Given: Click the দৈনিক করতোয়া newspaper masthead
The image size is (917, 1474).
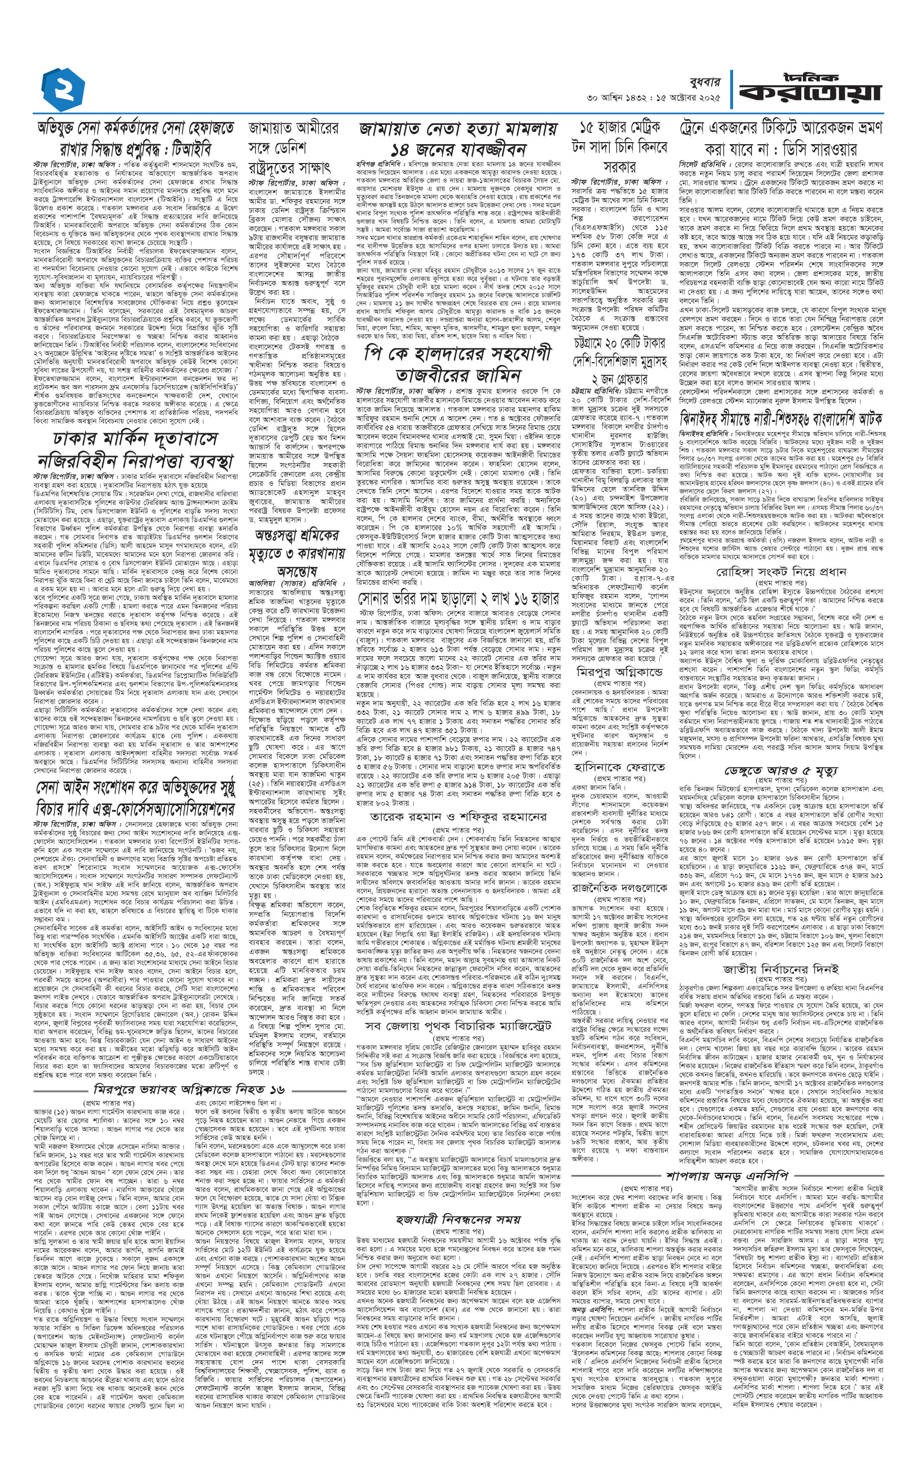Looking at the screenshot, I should pos(810,89).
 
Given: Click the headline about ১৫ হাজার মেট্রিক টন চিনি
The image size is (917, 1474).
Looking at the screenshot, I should pos(619,146).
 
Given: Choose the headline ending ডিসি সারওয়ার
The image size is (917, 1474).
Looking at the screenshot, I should pos(780,138).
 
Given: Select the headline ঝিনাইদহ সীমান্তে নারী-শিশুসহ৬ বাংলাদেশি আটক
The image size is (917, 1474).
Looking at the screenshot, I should pos(780,418).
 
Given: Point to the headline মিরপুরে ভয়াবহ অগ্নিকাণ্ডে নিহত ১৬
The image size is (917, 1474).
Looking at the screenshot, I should pos(189,1089).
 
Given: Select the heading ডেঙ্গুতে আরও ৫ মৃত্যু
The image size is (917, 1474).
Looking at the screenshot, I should pos(780,770).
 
